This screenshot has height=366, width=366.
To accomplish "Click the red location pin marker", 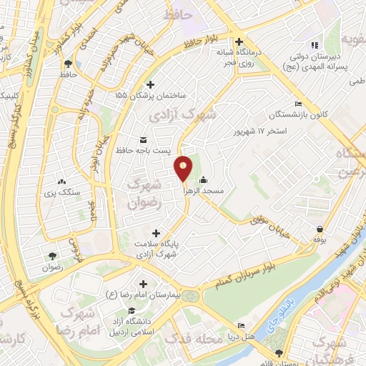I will tap(184, 168).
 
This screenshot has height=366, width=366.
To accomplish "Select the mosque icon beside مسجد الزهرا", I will tap(204, 179).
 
